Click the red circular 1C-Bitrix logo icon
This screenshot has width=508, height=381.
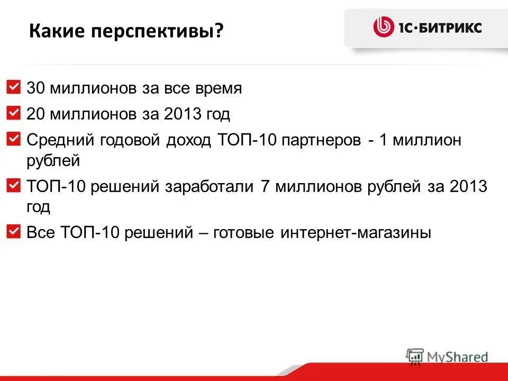click(384, 26)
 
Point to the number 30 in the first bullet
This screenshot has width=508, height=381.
click(35, 88)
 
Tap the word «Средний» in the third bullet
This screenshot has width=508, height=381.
click(59, 140)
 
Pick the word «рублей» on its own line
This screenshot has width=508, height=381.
click(53, 160)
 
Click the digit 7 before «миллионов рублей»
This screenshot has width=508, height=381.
click(266, 187)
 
